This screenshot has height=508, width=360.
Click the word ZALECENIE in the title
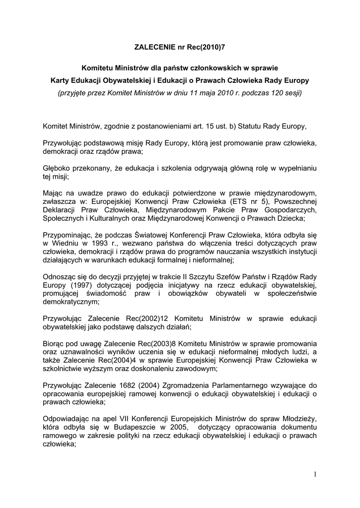tap(154, 48)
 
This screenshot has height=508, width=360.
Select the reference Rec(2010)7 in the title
tap(204, 48)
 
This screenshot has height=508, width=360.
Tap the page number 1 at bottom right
tap(315, 475)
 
